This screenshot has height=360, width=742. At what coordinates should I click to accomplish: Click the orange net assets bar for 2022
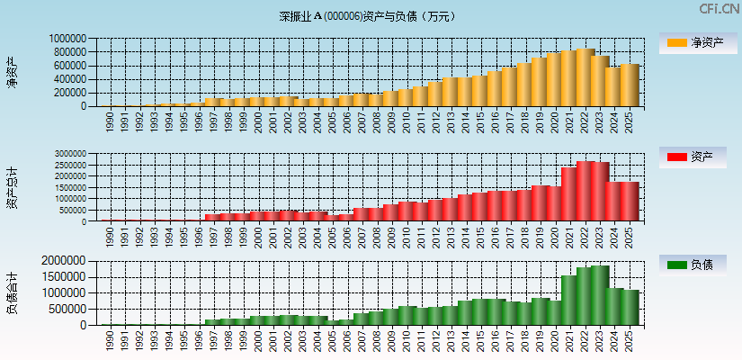(x=585, y=77)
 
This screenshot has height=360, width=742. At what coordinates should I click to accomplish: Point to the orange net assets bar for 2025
(x=629, y=85)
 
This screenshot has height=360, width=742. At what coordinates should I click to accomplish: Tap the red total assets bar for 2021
(x=569, y=194)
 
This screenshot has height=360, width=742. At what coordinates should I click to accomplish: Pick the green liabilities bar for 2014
(x=465, y=312)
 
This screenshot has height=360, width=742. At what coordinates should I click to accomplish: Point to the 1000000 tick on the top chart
(x=68, y=40)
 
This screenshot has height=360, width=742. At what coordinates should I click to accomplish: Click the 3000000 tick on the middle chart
(x=68, y=154)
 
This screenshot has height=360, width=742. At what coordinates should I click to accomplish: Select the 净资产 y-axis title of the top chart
(x=12, y=72)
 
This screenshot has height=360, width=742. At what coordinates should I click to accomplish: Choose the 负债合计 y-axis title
(x=12, y=292)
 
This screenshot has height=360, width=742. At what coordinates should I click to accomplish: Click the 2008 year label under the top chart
(x=377, y=121)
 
